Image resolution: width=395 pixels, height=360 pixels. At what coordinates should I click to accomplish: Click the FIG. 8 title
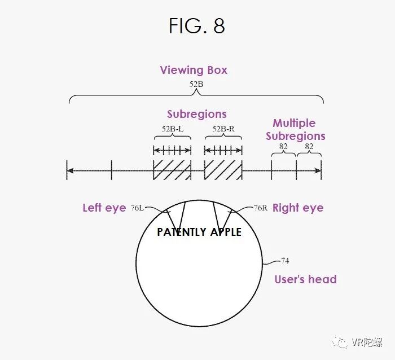point(197,26)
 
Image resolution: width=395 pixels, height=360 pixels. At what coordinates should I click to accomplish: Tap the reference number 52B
point(197,85)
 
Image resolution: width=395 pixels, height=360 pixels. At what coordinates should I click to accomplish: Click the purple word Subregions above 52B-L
point(197,115)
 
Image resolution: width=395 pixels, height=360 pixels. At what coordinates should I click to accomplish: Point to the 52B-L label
point(172,129)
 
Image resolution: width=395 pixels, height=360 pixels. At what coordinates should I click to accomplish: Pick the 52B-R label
point(223,129)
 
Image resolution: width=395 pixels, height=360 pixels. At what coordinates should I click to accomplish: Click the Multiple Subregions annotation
point(295,129)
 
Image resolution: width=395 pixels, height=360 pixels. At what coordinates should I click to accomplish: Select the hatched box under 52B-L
point(172,169)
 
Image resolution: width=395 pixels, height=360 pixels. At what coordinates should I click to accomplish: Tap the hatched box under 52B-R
point(223,169)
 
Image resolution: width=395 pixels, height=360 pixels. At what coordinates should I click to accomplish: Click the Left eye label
point(104,208)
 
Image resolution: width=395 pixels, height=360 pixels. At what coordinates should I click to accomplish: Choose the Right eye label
point(298,208)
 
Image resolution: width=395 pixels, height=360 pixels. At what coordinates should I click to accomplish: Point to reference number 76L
point(137,208)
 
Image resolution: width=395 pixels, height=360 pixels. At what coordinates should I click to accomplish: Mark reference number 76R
point(260,208)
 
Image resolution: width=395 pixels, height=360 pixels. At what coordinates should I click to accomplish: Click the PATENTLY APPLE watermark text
point(199,232)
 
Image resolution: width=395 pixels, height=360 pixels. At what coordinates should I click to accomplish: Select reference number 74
point(285,261)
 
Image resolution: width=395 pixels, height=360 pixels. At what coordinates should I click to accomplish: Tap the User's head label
point(305,279)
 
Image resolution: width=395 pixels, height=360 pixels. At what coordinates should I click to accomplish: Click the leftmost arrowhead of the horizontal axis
point(69,169)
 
